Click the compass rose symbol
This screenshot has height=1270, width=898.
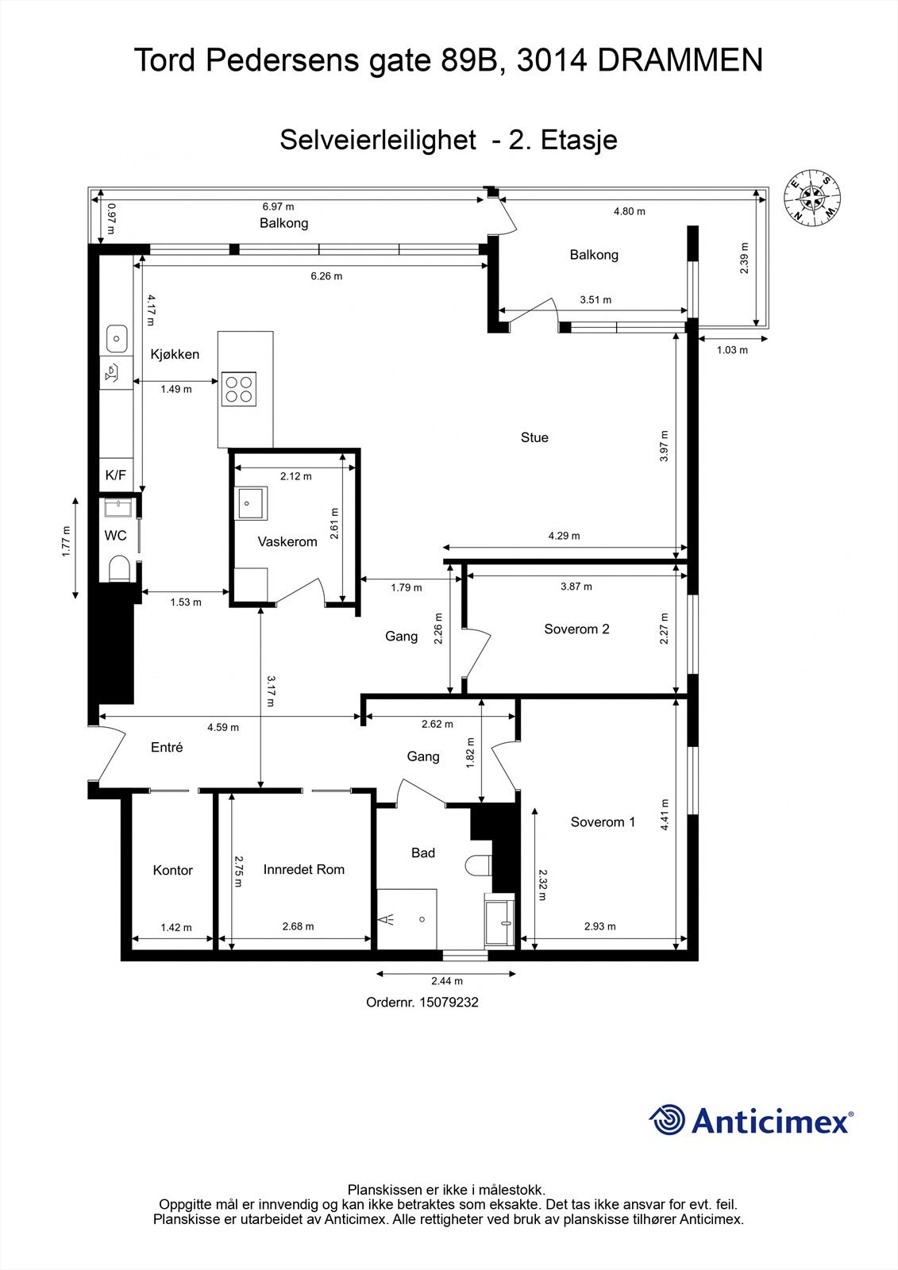pos(812,195)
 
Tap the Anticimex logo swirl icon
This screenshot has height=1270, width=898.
pos(667,1120)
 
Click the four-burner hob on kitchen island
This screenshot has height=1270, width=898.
pos(240,389)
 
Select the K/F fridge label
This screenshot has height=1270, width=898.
pos(115,475)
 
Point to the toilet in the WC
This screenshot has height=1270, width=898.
pos(119,568)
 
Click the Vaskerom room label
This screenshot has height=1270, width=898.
pos(287,542)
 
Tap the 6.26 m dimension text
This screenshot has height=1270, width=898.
pos(326,276)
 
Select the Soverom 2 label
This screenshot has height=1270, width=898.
pos(576,629)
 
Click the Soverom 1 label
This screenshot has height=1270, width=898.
pos(603,822)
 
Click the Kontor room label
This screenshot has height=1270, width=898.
pos(172,871)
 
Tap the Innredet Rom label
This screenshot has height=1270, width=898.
pos(304,870)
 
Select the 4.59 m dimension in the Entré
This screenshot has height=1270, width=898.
pos(223,727)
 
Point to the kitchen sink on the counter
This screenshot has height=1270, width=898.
pos(117,339)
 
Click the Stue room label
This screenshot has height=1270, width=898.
pos(534,437)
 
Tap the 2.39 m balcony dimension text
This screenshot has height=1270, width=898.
pos(745,258)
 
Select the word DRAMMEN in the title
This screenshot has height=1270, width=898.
pos(680,60)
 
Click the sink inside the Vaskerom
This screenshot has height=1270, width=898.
pos(251,503)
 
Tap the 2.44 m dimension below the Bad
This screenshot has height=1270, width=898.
pos(447,981)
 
